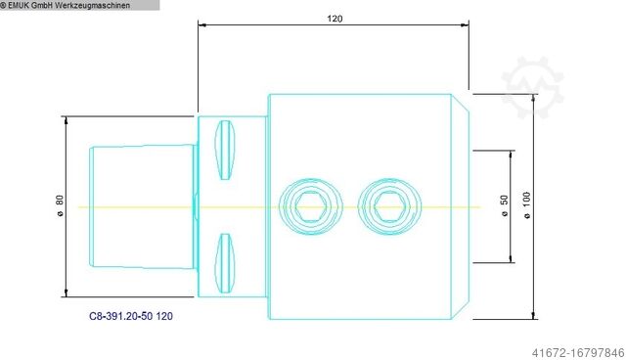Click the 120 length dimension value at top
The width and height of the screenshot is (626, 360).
pyautogui.click(x=335, y=19)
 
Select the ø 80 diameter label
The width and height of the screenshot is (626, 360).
pyautogui.click(x=60, y=206)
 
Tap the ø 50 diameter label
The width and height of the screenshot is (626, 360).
pyautogui.click(x=505, y=206)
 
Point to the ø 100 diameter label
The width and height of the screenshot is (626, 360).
pyautogui.click(x=527, y=205)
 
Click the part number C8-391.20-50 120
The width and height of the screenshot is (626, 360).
pyautogui.click(x=131, y=316)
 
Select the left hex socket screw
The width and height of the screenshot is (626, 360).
pyautogui.click(x=311, y=206)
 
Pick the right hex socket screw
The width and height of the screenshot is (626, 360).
pyautogui.click(x=389, y=206)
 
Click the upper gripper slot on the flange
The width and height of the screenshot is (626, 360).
pyautogui.click(x=225, y=150)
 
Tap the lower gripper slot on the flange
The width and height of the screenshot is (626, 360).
pyautogui.click(x=225, y=263)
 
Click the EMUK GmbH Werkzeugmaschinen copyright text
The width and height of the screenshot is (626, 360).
pyautogui.click(x=66, y=5)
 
